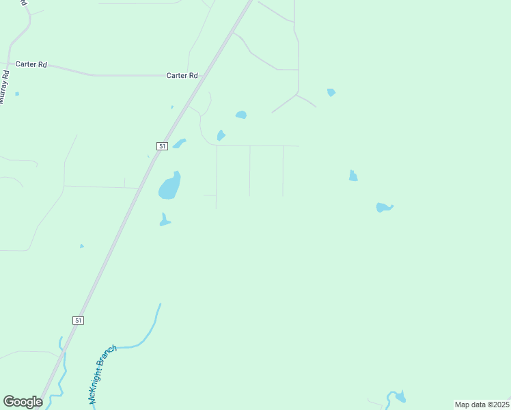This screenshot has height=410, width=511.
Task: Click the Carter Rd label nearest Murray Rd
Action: point(33,64)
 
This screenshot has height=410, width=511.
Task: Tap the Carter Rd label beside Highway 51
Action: point(182,76)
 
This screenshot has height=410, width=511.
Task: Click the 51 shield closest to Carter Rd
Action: point(161,146)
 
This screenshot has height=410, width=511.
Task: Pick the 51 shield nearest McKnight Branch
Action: point(79,320)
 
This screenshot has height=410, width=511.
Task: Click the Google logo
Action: point(23,401)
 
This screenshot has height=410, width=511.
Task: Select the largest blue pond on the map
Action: point(169,187)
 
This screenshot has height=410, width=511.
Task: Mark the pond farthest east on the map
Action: point(385,207)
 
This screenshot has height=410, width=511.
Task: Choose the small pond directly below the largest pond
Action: point(164,220)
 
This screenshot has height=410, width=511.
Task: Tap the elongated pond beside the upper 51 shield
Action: point(180,143)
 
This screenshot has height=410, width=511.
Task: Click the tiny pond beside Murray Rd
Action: point(17,94)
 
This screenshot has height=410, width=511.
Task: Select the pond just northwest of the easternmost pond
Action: point(353,176)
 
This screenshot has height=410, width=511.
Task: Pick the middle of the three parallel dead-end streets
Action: point(249,171)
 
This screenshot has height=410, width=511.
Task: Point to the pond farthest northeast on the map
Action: point(331,92)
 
